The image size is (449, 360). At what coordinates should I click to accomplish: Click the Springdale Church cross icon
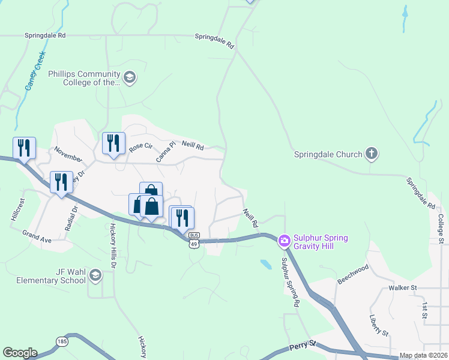tap(372, 154)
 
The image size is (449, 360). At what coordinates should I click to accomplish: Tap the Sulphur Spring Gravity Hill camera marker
tap(284, 241)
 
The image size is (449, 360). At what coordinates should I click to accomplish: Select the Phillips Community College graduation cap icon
tap(129, 77)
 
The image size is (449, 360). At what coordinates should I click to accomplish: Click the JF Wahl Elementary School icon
tap(95, 275)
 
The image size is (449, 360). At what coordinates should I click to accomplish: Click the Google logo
tap(20, 353)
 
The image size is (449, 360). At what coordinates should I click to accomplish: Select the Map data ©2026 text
tap(423, 355)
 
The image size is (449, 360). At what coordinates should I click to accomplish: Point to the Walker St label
tap(402, 288)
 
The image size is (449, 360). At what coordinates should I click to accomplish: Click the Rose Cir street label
tap(141, 146)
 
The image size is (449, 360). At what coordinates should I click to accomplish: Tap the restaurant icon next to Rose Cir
tap(113, 143)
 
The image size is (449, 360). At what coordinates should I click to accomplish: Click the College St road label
tap(440, 229)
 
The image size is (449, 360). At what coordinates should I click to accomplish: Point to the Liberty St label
tap(379, 325)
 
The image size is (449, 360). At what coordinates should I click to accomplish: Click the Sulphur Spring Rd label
tap(290, 283)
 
